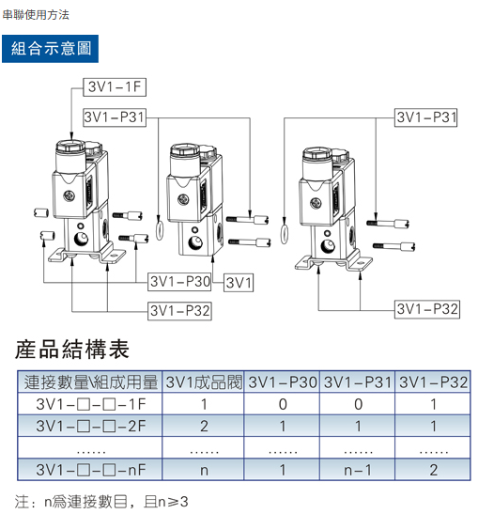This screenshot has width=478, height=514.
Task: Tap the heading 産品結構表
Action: click(72, 350)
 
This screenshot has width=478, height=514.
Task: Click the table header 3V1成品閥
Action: click(204, 382)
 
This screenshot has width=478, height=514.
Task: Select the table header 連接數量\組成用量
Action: click(91, 382)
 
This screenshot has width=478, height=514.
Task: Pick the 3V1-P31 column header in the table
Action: click(357, 382)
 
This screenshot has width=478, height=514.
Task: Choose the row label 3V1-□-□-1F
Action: click(91, 404)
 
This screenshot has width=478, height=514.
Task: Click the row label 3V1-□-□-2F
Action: click(91, 426)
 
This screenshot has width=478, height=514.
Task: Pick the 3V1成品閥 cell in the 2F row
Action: click(204, 426)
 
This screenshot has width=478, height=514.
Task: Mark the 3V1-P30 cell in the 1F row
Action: click(281, 404)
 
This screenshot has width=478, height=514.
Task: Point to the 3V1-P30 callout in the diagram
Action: click(180, 282)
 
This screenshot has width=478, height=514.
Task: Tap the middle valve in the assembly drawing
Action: click(194, 197)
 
